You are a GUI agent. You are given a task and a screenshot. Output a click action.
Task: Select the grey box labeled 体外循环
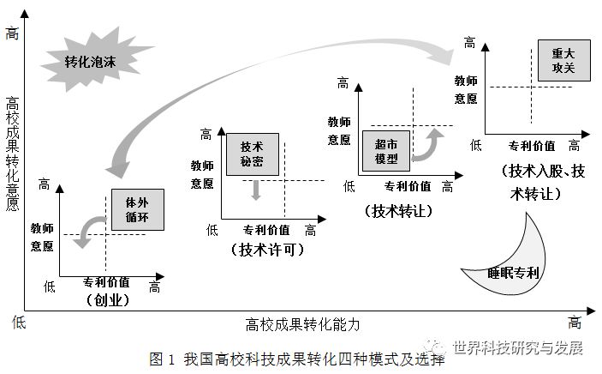click(137, 208)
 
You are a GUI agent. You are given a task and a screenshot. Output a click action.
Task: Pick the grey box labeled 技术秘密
click(252, 154)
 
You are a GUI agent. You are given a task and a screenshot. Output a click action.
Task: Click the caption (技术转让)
click(398, 210)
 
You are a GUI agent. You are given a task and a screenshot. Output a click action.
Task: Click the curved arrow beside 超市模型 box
click(426, 146)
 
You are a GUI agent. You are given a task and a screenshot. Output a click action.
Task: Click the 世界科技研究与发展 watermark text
click(518, 347)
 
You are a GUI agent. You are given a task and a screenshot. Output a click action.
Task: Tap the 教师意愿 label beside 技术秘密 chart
click(202, 174)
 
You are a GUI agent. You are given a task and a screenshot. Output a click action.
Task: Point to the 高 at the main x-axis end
click(575, 322)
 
